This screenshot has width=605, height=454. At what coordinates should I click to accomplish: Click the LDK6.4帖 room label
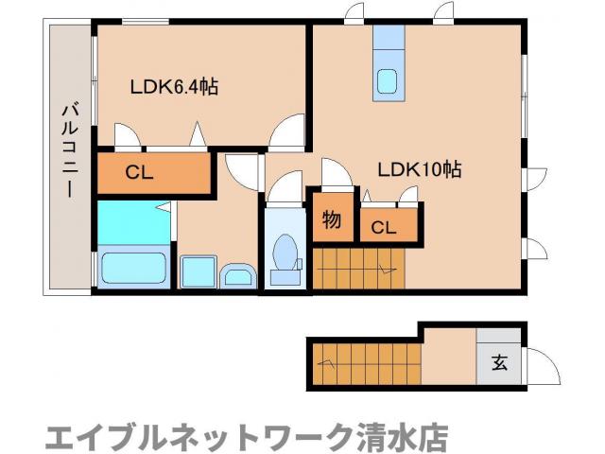(x=174, y=87)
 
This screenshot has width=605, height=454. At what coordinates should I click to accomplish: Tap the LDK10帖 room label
(x=419, y=170)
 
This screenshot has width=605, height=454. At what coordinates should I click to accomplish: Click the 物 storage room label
(x=331, y=220)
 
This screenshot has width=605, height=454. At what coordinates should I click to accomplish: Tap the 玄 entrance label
(x=498, y=362)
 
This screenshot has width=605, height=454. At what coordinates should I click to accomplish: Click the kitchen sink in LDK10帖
(x=388, y=81)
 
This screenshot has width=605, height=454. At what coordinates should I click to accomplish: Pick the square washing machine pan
(x=198, y=271)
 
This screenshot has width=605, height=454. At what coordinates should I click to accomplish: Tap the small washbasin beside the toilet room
(x=236, y=277)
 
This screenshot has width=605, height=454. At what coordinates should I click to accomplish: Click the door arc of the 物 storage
(x=334, y=176)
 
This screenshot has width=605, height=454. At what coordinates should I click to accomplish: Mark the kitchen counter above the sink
(x=388, y=43)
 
